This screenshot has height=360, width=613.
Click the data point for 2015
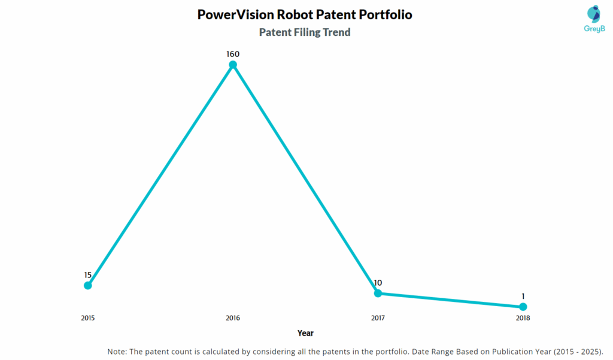(x=88, y=285)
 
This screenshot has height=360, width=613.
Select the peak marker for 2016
(x=233, y=65)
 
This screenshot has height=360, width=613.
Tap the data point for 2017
(x=378, y=293)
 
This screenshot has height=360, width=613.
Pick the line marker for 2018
(x=523, y=307)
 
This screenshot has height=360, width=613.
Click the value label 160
(x=233, y=54)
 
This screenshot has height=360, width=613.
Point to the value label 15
(x=88, y=275)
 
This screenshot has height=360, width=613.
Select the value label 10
(x=378, y=283)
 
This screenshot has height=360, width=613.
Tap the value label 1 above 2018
(x=523, y=296)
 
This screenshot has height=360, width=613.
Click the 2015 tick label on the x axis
(x=88, y=318)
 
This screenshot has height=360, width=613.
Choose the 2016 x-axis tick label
(x=233, y=318)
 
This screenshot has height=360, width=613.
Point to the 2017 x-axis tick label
(x=378, y=318)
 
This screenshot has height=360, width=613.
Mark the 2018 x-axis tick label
(x=523, y=318)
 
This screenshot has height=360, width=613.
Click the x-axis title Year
(x=305, y=333)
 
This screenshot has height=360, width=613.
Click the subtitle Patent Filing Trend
(x=305, y=32)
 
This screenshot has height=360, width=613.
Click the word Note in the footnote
(x=117, y=351)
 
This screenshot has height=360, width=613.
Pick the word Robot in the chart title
(x=295, y=14)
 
